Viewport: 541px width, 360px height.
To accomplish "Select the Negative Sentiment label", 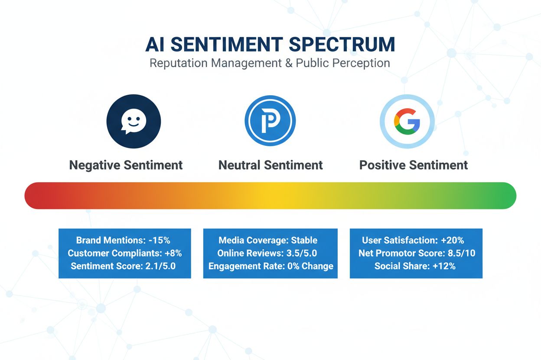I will click(x=126, y=165).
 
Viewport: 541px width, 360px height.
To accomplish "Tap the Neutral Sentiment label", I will click(x=270, y=165).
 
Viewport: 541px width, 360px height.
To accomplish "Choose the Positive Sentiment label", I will click(x=414, y=165).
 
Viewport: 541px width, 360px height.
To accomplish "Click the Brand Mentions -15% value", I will click(x=164, y=241).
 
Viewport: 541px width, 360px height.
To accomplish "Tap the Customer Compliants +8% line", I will click(x=125, y=253).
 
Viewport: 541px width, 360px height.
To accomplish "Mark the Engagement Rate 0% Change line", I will click(x=270, y=266).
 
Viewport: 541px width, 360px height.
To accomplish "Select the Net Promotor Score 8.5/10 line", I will click(x=417, y=253).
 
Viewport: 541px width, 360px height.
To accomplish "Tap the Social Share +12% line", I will click(x=415, y=266).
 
